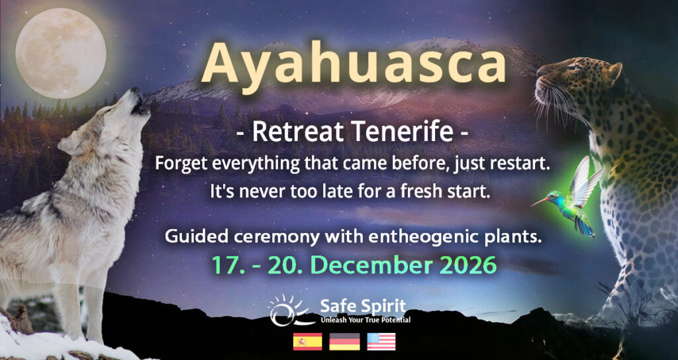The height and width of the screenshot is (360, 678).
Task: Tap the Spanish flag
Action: point(307,341)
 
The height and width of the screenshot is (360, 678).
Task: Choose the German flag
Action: point(344,341)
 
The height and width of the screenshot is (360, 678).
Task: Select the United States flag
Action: point(381,341)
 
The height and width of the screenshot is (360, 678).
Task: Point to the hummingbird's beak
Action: point(540,201)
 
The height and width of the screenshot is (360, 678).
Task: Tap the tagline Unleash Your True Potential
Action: point(365,320)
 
